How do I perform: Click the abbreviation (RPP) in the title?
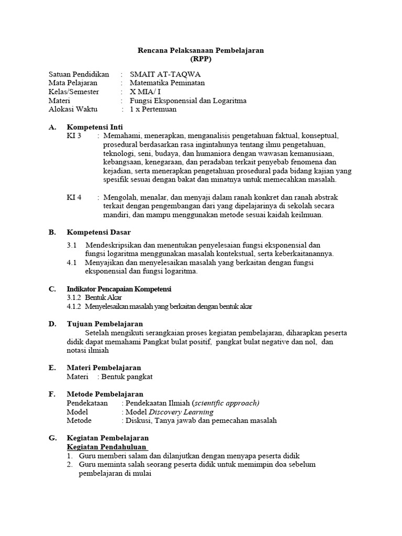pos(201,59)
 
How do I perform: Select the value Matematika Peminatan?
pos(167,83)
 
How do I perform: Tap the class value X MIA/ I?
pos(146,92)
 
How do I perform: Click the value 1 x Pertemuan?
pos(153,109)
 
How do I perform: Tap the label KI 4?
pos(74,197)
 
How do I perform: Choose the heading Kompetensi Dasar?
pos(99,232)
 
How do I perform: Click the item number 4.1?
pos(72,263)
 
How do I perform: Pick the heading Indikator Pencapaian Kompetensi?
pos(119,289)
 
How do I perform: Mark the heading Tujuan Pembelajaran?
pos(105,324)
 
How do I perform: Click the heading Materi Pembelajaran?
pos(104,368)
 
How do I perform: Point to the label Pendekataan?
pos(87,403)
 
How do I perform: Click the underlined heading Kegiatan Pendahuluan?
pos(107,447)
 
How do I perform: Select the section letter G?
pos(52,438)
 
